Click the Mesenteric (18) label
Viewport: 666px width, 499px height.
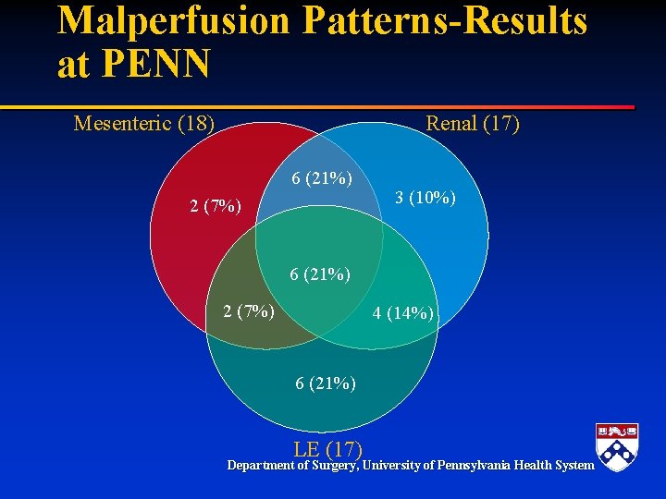(144, 123)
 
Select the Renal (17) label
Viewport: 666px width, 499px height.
(472, 123)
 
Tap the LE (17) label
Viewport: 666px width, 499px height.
(327, 450)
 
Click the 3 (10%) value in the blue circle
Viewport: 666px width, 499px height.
(425, 198)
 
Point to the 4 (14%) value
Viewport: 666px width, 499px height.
(403, 313)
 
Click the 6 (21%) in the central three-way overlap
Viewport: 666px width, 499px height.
(320, 274)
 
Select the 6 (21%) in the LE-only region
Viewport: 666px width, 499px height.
(326, 383)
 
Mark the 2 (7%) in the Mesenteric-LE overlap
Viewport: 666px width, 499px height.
(249, 310)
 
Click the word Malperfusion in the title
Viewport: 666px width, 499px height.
(173, 21)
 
